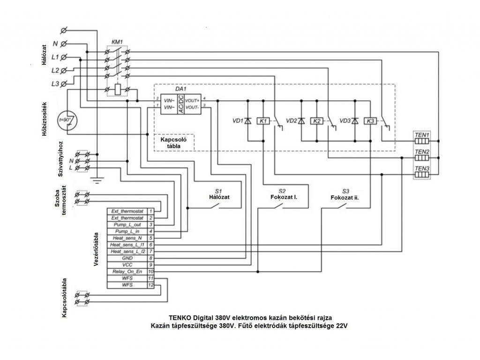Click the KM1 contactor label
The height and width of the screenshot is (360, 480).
point(117,41)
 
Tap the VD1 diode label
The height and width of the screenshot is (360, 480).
point(237,121)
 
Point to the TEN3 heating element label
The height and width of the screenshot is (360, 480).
point(422,168)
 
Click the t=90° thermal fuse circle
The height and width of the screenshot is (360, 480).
point(66,120)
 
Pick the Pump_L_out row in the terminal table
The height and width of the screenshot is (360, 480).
point(125,225)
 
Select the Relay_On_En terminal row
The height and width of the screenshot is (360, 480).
point(125,271)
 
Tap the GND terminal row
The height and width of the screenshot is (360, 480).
point(125,258)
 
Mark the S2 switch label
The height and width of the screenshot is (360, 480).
point(282,191)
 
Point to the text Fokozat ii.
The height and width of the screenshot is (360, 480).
point(345,198)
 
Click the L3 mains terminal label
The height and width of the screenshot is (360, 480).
point(55,83)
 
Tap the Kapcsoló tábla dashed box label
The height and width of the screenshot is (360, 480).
point(173,143)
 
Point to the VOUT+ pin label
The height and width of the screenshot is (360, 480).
point(192,100)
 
